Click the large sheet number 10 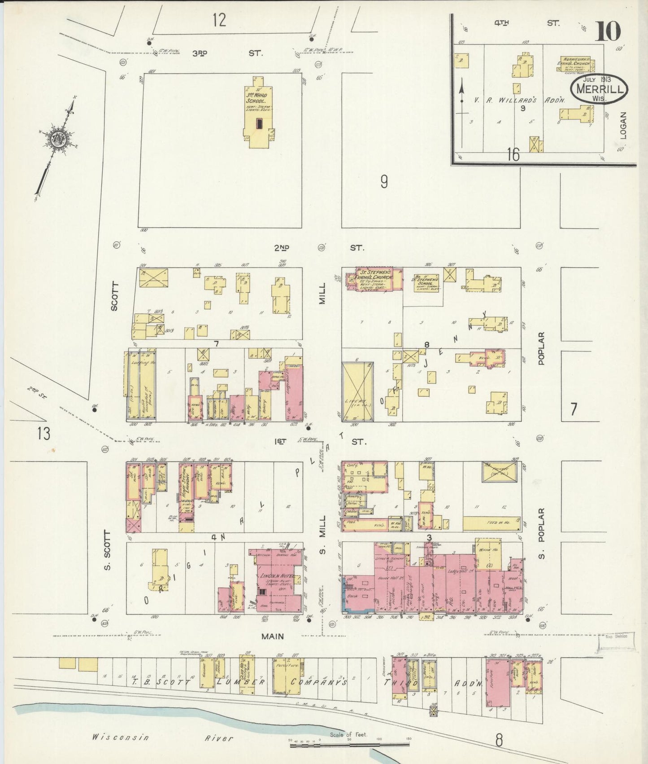[x=608, y=31]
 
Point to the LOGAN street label [x=623, y=125]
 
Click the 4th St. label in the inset [x=526, y=23]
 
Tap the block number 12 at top [x=219, y=20]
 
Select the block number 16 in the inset [x=513, y=154]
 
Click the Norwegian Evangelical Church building [x=576, y=64]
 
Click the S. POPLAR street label [x=542, y=534]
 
